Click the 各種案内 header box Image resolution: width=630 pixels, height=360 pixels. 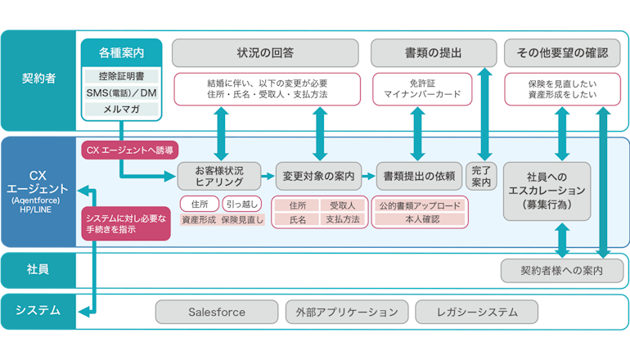(121, 52)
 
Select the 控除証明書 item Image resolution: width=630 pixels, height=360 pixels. (121, 76)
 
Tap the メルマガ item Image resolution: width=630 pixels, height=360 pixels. (121, 109)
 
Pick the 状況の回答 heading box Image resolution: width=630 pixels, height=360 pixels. (265, 52)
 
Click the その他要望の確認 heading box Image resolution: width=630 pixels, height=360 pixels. (562, 52)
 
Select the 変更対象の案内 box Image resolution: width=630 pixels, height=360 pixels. (318, 176)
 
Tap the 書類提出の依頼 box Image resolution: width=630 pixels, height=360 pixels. (419, 176)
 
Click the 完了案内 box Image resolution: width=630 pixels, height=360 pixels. (479, 176)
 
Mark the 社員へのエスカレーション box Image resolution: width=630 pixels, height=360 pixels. (546, 190)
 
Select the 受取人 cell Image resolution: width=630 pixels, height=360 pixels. (342, 205)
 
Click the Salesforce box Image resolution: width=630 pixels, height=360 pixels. (216, 312)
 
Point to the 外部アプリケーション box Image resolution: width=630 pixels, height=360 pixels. (346, 312)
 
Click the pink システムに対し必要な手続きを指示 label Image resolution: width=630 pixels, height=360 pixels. (126, 223)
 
